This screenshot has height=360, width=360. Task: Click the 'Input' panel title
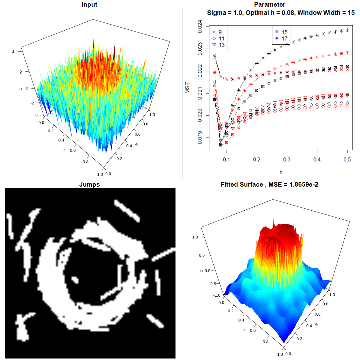coord(89,4)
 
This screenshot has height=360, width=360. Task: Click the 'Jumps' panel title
coord(89,184)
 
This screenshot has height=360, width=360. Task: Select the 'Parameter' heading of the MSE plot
coord(269,4)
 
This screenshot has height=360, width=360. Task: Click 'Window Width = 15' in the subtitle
coord(326,13)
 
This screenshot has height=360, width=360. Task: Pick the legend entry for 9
coord(217,32)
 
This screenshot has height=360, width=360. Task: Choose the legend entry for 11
coord(218,38)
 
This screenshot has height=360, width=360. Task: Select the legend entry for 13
coord(218,45)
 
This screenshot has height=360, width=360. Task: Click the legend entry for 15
coord(281,32)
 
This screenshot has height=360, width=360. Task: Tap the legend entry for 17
coord(281,38)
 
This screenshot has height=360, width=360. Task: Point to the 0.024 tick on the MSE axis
coord(200,26)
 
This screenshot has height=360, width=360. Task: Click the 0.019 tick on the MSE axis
coord(200,138)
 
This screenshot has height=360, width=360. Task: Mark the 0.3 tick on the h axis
coord(287,159)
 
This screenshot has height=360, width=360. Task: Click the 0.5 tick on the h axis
coord(347,159)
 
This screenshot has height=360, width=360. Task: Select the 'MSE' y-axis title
coord(187,88)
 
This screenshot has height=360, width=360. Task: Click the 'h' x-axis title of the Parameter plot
coord(281,172)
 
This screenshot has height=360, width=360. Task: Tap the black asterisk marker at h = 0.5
coord(347,30)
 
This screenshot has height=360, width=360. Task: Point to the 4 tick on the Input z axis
coord(13,52)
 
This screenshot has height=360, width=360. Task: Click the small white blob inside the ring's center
coord(74,280)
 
